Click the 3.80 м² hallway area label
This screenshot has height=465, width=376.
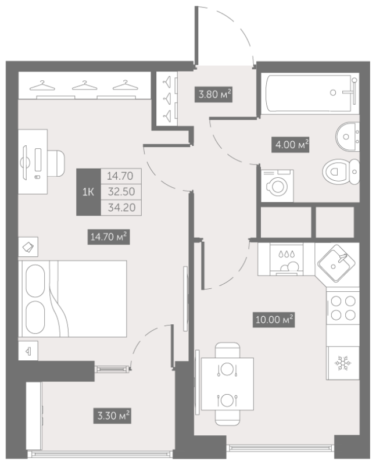(x=213, y=94)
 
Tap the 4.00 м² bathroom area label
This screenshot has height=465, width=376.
(x=291, y=145)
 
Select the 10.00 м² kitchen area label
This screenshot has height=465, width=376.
(x=274, y=319)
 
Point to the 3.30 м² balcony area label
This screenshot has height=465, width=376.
(x=112, y=415)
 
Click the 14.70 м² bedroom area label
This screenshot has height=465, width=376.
(x=109, y=237)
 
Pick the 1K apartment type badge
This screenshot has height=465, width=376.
(x=88, y=192)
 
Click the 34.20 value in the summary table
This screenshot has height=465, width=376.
(x=121, y=208)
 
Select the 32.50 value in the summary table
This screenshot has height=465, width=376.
(x=121, y=192)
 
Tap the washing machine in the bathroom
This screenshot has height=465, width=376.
(x=277, y=186)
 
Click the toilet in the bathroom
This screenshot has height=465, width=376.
(x=341, y=171)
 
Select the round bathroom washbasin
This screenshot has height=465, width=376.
(x=348, y=137)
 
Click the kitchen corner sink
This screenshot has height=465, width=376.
(x=336, y=263)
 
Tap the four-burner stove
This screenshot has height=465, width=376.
(x=343, y=308)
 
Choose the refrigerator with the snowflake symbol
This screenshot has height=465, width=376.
(x=343, y=363)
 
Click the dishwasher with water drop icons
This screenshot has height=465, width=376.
(x=287, y=259)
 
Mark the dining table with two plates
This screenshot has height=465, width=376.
(x=227, y=384)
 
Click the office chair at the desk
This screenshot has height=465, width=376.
(x=56, y=163)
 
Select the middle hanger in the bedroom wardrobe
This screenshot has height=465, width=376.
(x=84, y=85)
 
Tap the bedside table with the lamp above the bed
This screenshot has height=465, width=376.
(x=28, y=246)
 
